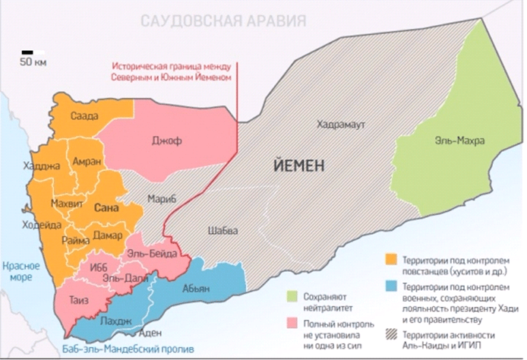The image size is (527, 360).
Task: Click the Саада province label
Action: tap(84, 116)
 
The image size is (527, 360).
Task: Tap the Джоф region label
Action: tap(165, 139)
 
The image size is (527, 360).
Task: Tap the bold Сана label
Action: tap(105, 207)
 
